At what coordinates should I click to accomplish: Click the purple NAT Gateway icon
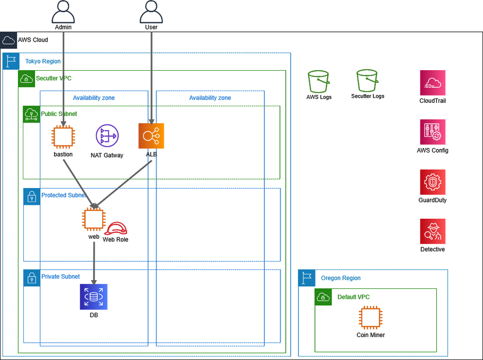click(x=107, y=136)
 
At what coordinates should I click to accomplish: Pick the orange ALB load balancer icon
click(x=151, y=136)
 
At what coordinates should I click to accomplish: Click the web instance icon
click(x=94, y=219)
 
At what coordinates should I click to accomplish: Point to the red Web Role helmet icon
click(x=115, y=228)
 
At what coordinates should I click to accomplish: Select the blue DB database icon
click(x=94, y=296)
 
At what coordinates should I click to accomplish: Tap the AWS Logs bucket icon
click(x=319, y=81)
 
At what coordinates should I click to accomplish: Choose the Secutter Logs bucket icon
click(x=368, y=80)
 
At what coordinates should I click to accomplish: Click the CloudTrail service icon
click(x=433, y=83)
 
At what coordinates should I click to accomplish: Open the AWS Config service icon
click(x=433, y=132)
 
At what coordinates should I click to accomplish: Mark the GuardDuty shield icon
click(x=433, y=182)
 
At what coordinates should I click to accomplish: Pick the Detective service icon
click(x=433, y=231)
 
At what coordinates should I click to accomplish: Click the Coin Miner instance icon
click(x=371, y=318)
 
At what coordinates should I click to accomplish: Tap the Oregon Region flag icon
click(x=307, y=278)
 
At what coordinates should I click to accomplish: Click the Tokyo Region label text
click(x=43, y=62)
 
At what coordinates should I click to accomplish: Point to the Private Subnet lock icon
click(x=32, y=277)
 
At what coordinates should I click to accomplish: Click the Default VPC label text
click(x=353, y=297)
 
